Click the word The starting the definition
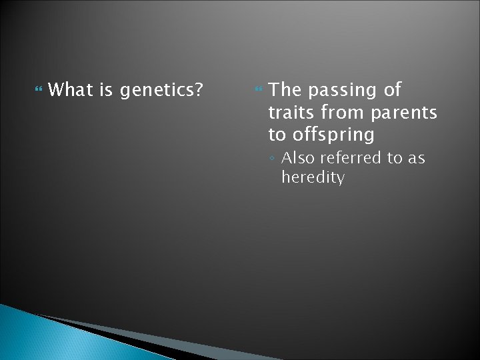(287, 89)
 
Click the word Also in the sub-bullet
(298, 159)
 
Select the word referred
(352, 159)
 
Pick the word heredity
(313, 178)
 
